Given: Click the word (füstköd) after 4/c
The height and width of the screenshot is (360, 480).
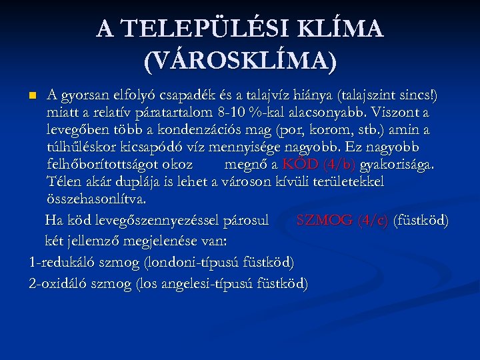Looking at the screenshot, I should [x=421, y=220].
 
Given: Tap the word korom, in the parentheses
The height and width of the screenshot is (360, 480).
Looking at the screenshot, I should [x=347, y=128].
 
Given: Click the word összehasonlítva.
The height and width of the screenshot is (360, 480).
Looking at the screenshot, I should [x=97, y=199].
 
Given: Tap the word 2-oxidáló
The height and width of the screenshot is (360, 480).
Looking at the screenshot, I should [x=59, y=283].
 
